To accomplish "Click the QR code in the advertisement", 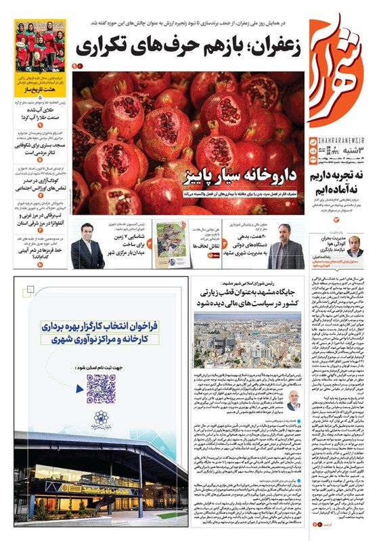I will (x=101, y=388).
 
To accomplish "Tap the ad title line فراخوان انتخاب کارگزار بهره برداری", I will (x=102, y=325).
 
